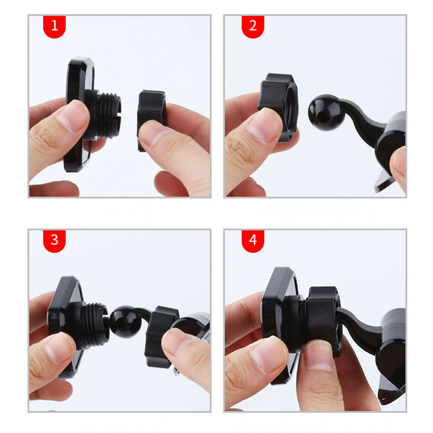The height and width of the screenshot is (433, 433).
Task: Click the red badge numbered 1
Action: pos(55,27)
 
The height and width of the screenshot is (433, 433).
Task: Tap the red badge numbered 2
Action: pos(253,27)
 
